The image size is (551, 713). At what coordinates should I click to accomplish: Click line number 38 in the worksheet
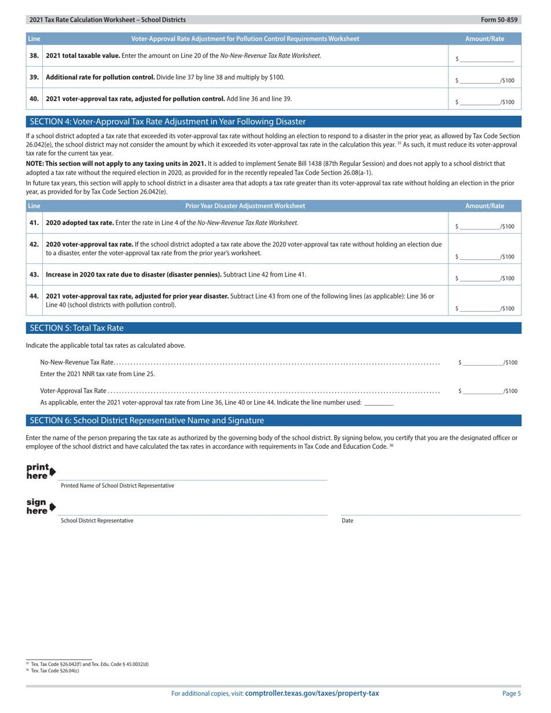pos(34,56)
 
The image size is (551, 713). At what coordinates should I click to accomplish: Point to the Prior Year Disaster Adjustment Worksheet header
pos(245,206)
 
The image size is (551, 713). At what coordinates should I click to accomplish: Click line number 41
pos(34,223)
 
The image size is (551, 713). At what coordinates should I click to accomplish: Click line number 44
pos(34,296)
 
